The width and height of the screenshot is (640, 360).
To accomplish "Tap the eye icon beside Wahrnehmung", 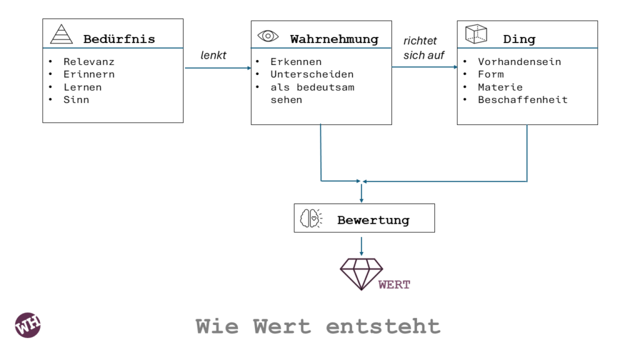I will click(x=267, y=36).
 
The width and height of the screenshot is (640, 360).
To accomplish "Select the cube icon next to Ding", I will click(x=476, y=34).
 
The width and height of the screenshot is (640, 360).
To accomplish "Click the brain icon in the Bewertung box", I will click(x=311, y=218).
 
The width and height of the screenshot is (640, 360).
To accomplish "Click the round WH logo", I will click(x=28, y=325).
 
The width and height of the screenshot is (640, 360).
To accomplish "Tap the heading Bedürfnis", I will click(x=119, y=39).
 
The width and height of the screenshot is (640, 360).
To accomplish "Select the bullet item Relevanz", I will click(x=89, y=62).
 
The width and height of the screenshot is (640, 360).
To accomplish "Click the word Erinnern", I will click(x=89, y=74).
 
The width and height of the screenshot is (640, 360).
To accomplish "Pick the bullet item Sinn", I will click(x=76, y=99).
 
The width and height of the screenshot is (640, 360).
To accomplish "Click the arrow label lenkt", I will click(x=213, y=56).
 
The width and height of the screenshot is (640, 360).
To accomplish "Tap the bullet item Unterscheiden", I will click(x=312, y=74).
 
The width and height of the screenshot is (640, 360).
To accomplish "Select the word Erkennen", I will click(x=296, y=62).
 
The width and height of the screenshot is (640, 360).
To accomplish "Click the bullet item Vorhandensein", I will click(x=519, y=62).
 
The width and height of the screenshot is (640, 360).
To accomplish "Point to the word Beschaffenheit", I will click(x=522, y=99).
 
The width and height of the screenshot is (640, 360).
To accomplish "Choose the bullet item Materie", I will click(x=500, y=87).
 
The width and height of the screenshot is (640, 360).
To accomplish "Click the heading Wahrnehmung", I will click(x=334, y=39).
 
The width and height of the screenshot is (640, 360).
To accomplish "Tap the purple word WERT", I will click(x=394, y=285).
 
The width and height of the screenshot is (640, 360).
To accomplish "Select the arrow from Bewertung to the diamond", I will click(x=361, y=244).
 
